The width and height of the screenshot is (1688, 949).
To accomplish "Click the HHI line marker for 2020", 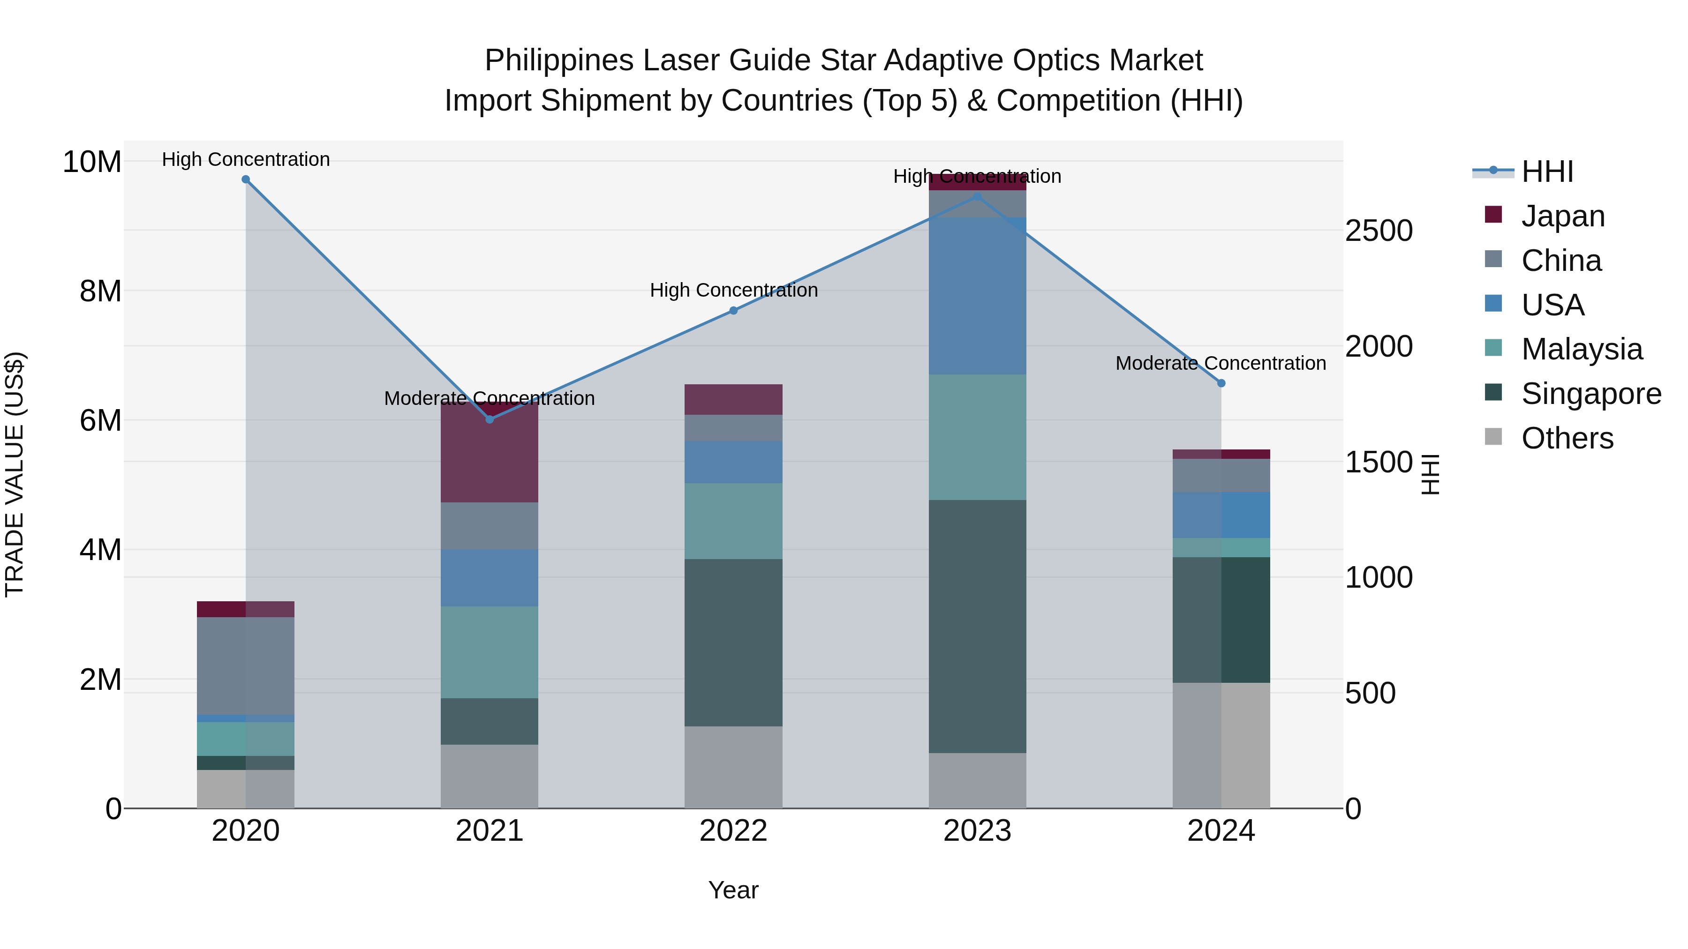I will tap(246, 179).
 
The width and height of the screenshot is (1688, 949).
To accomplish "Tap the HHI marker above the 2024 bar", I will tap(1221, 383).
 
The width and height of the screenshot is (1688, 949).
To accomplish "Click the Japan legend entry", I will tap(1563, 216).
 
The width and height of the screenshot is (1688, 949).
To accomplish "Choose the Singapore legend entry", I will tap(1590, 394).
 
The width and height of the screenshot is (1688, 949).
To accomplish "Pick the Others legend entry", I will tap(1567, 438).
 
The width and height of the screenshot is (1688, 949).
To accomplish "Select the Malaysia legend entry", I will tap(1581, 349).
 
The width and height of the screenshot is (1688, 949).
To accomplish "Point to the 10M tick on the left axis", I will tap(92, 162).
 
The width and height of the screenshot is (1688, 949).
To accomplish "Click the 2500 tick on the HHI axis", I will tap(1379, 231).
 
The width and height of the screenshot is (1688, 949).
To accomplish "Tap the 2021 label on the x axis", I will tap(490, 831).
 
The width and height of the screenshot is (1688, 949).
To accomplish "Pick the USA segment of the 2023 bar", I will tap(977, 296).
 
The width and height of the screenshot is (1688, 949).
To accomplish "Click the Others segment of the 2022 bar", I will tap(733, 766).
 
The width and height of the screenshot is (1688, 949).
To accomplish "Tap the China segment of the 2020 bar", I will tap(246, 665).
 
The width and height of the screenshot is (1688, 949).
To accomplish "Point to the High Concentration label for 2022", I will tap(734, 290).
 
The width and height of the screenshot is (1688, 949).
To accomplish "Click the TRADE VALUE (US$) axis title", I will tap(15, 474).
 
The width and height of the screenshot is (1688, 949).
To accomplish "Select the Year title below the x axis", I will tap(733, 890).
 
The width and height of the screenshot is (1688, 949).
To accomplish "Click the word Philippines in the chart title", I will tap(559, 60).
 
